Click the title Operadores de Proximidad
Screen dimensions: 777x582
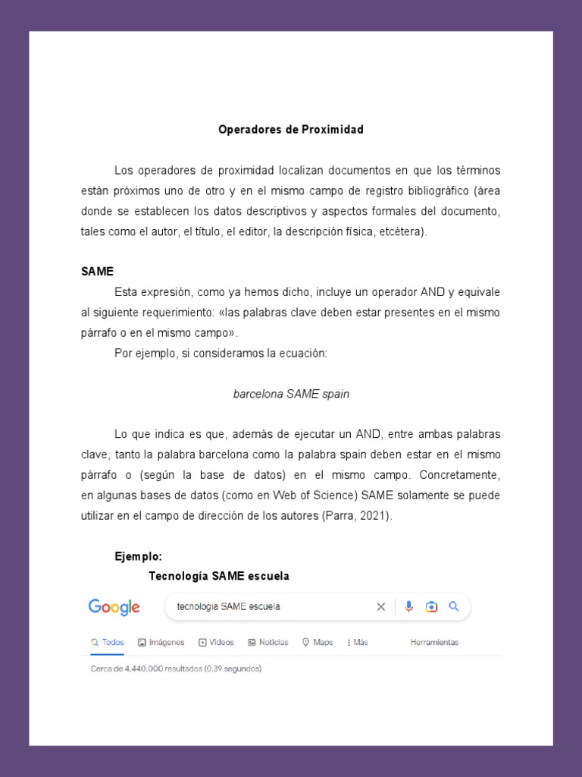pos(291,130)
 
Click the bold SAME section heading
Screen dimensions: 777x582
pos(97,272)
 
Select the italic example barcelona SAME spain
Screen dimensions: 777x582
pos(291,395)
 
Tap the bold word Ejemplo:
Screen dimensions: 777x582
pos(139,556)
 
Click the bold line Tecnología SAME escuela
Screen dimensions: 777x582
pos(219,576)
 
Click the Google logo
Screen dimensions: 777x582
pos(114,607)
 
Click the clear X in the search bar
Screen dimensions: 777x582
pos(381,606)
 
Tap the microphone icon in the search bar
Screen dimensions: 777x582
pos(409,606)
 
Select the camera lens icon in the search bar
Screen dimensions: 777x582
pos(431,606)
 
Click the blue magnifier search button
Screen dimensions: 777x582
pos(454,606)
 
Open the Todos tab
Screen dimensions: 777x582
pos(108,642)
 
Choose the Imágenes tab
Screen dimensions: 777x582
pos(161,642)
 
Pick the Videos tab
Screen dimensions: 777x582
pos(216,642)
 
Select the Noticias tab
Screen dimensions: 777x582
pos(268,642)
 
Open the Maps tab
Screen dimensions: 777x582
pos(318,642)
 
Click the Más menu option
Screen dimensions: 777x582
pos(358,642)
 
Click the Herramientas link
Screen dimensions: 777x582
pos(434,642)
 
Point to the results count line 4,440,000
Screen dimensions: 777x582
pos(176,669)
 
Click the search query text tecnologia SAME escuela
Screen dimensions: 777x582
pos(228,607)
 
